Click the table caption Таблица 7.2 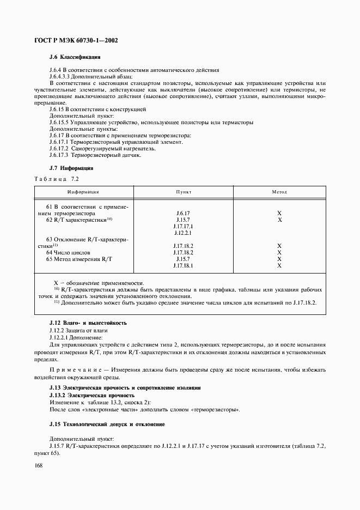point(57,179)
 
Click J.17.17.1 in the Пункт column point(183,226)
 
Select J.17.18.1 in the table point(183,265)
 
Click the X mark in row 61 point(279,213)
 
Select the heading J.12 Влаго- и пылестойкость point(88,323)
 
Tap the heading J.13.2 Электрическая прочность point(91,394)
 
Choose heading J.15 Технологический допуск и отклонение point(107,424)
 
